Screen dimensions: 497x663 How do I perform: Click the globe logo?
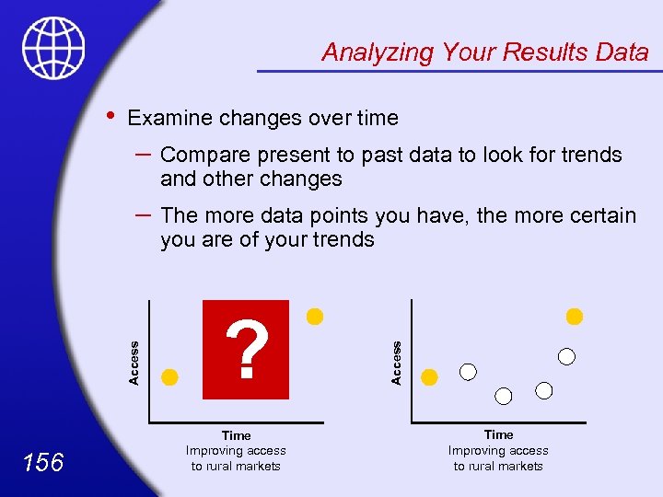click(54, 48)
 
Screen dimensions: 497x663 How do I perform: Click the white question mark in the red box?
click(246, 351)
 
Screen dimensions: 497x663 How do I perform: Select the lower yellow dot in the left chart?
click(169, 376)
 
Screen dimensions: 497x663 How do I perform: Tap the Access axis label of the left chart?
click(134, 363)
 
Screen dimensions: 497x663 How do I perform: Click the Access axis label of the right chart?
click(397, 363)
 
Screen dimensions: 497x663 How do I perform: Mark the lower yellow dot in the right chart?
click(430, 376)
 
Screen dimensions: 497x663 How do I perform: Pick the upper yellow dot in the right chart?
click(575, 317)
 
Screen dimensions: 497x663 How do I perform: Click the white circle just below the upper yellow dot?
click(567, 355)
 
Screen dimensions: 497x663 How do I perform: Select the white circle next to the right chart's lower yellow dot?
click(469, 372)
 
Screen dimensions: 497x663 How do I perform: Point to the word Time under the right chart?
click(498, 434)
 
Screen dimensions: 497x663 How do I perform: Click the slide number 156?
click(44, 462)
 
